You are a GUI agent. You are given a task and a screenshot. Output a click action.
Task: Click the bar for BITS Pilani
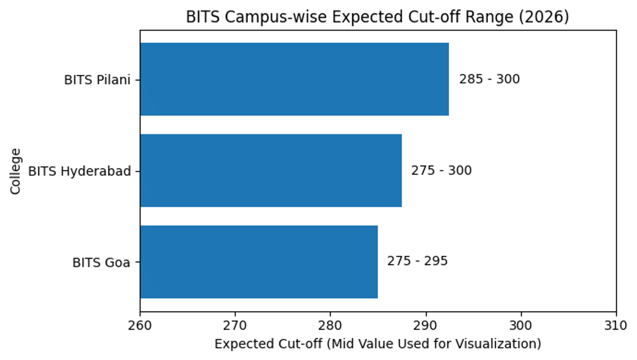pyautogui.click(x=294, y=79)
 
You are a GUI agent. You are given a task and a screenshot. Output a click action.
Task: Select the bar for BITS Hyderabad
pyautogui.click(x=271, y=170)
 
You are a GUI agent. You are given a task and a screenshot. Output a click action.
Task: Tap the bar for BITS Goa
pyautogui.click(x=259, y=262)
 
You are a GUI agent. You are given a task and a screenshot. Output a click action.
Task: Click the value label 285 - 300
pyautogui.click(x=489, y=80)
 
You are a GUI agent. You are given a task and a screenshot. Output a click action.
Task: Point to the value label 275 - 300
pyautogui.click(x=441, y=171)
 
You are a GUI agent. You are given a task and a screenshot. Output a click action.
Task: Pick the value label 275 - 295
pyautogui.click(x=417, y=262)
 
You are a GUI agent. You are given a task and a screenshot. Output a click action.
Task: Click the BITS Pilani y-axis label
pyautogui.click(x=97, y=80)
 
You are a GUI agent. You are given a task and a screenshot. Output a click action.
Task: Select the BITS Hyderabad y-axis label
pyautogui.click(x=79, y=172)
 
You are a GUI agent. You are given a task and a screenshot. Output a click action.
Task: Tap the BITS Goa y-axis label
pyautogui.click(x=101, y=263)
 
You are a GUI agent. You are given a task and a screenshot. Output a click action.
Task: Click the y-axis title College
pyautogui.click(x=16, y=171)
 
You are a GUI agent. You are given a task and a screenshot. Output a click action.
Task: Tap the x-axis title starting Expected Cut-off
pyautogui.click(x=377, y=344)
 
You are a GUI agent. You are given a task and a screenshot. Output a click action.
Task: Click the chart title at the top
pyautogui.click(x=377, y=18)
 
